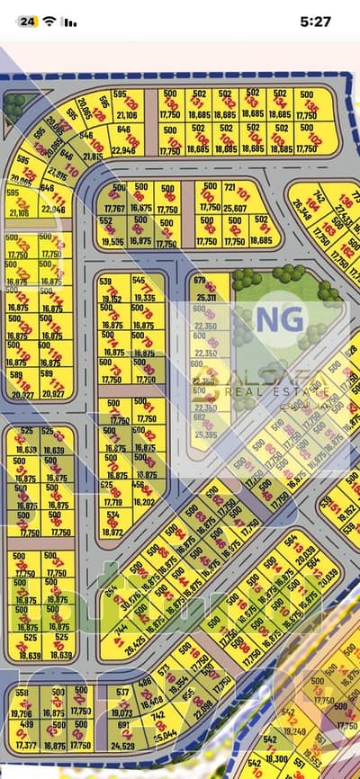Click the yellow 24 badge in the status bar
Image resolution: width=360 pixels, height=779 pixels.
(x=28, y=21)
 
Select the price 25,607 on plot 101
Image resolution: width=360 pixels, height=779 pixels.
(x=235, y=208)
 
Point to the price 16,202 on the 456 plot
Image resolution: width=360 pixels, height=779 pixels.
(x=143, y=502)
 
